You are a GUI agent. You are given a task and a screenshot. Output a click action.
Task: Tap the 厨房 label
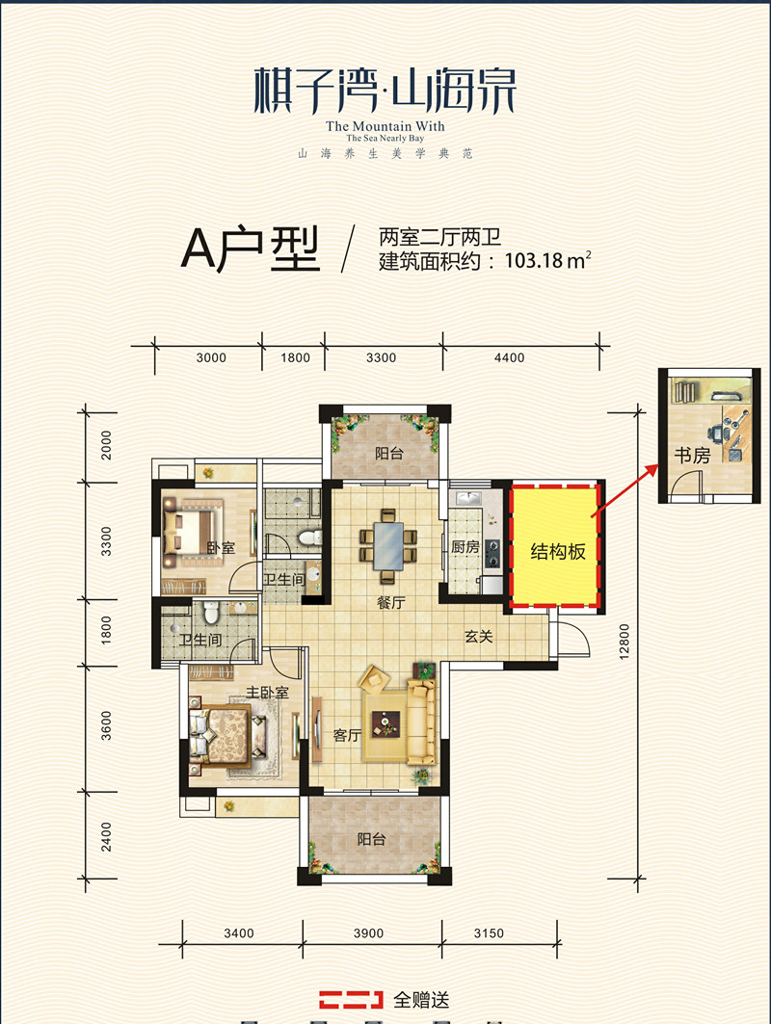(x=465, y=546)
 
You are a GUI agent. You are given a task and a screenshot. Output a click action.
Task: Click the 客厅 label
(x=347, y=736)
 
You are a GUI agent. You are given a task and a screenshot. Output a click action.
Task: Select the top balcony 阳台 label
(x=388, y=454)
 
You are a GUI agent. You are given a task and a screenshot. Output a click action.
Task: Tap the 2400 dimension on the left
(x=107, y=835)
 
